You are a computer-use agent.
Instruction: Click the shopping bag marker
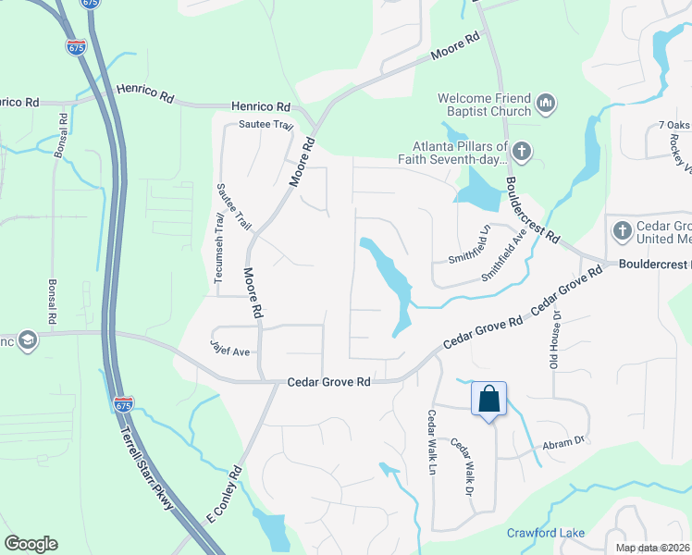(x=488, y=401)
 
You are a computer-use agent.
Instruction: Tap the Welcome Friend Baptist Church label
(x=485, y=105)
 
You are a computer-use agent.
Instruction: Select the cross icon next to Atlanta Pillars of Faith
(x=522, y=151)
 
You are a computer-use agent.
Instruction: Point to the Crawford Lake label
(x=546, y=532)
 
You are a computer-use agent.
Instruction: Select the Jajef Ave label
(x=229, y=351)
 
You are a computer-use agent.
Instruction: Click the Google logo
(x=31, y=544)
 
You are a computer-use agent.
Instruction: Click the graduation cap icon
(x=27, y=340)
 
